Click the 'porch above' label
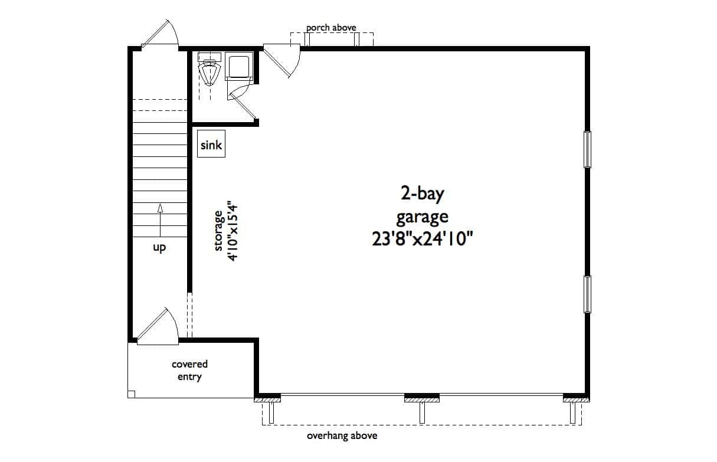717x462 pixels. pos(331,28)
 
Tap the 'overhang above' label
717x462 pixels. pos(342,436)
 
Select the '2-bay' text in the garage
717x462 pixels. pos(421,194)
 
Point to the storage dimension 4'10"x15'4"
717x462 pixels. pos(232,232)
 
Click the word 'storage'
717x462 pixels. pos(218,231)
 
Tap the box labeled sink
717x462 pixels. pos(211,145)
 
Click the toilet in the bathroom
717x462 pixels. pos(208,72)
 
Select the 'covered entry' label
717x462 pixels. pos(189,371)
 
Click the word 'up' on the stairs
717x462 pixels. pos(159,248)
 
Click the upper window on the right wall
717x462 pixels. pos(587,149)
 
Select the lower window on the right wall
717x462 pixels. pos(587,293)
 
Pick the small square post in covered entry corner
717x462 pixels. pos(132,394)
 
